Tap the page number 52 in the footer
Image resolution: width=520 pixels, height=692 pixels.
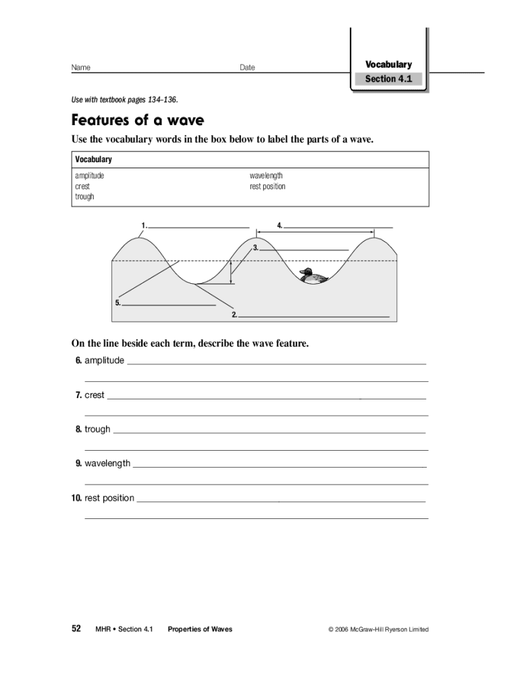[x=76, y=628]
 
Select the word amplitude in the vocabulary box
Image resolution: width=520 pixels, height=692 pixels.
[x=89, y=176]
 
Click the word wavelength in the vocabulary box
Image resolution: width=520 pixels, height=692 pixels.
[x=266, y=176]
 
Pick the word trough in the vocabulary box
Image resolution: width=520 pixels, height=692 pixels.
[x=84, y=197]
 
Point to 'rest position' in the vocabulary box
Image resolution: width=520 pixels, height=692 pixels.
[x=267, y=186]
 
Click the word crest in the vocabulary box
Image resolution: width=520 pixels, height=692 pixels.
[x=82, y=186]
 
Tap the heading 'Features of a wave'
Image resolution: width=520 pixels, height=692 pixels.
[x=138, y=120]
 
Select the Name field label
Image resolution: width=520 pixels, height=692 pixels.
[x=81, y=68]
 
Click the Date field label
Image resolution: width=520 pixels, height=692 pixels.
[x=247, y=68]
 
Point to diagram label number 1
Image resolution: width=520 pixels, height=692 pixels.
[x=143, y=224]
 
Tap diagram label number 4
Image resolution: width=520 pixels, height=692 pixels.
[x=279, y=224]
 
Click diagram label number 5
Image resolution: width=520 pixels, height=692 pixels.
[x=118, y=303]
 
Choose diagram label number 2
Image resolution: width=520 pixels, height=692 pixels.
[x=234, y=314]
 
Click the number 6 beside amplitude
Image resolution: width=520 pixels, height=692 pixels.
[x=78, y=360]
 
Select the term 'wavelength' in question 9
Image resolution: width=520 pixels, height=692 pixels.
[x=107, y=464]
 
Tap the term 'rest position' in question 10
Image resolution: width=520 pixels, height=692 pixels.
[x=109, y=498]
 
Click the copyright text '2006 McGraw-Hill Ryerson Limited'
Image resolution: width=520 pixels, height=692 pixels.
[x=382, y=629]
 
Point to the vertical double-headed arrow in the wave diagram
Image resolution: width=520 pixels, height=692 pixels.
[x=231, y=272]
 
